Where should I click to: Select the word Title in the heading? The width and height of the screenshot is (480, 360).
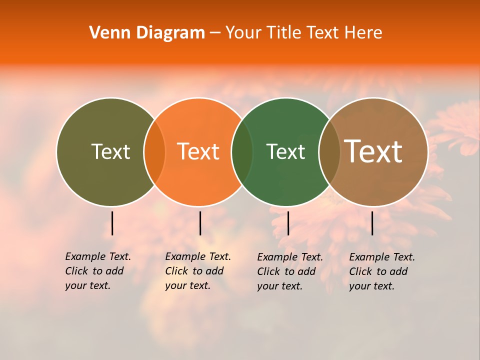(283, 33)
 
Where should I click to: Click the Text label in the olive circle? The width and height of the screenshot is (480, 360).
(110, 151)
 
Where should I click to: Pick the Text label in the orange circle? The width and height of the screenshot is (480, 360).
(198, 151)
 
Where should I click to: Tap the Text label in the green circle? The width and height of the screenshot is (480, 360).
(285, 151)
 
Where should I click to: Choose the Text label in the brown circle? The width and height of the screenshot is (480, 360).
(373, 151)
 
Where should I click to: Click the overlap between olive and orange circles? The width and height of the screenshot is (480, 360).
(154, 152)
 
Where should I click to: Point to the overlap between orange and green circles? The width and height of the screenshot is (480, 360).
(242, 152)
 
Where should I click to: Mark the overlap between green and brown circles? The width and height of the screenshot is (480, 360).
(329, 152)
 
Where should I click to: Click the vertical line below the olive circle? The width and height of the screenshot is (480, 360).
(112, 223)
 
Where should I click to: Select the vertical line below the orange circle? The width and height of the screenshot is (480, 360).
(200, 223)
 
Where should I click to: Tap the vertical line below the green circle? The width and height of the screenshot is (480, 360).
(288, 223)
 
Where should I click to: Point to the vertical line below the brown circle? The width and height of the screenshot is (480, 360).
(372, 223)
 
